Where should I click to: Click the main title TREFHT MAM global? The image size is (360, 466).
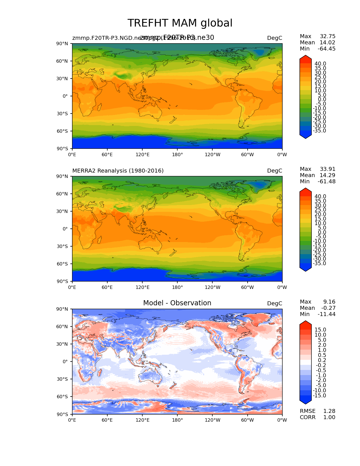pos(180,23)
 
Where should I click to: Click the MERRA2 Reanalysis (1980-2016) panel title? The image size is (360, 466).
pos(118,171)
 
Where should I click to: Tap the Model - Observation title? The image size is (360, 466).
pos(177,303)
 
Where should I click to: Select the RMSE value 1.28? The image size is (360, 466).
pos(329,411)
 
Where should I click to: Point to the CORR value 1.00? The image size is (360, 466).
pos(329,417)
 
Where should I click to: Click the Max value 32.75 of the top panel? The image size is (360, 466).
pos(328,36)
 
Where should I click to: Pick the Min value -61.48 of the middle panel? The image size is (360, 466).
pos(327,182)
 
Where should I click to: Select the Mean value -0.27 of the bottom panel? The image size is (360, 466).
pos(328,308)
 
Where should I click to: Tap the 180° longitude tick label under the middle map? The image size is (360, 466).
pos(177,288)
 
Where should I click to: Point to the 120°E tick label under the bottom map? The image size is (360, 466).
pos(142,420)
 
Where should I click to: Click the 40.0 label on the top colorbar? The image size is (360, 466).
pos(320,64)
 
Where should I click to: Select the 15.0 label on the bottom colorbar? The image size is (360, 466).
pos(320,330)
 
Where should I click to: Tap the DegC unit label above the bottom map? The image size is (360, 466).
pos(274,304)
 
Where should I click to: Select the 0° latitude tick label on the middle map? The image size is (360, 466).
pos(65,229)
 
